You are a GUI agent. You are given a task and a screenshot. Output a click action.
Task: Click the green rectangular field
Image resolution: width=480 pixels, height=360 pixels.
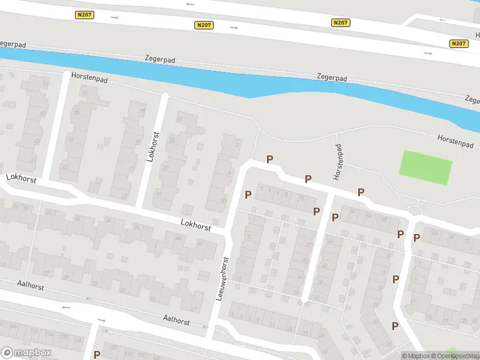tap(426, 167)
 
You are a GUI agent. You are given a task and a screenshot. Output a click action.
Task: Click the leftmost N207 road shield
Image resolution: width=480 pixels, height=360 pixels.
tap(84, 14)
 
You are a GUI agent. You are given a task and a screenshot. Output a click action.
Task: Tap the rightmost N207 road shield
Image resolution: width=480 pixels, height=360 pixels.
tap(458, 43)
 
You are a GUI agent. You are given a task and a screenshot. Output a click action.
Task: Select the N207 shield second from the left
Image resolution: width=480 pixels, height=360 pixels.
tap(204, 25)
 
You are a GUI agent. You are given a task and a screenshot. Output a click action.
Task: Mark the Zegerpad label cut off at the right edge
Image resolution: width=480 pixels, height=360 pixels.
tap(473, 100)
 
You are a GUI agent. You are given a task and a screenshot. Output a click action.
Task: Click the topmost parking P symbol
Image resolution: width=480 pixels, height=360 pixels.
tap(270, 159)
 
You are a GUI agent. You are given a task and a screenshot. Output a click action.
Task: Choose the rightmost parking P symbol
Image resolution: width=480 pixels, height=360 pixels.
tap(416, 238)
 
